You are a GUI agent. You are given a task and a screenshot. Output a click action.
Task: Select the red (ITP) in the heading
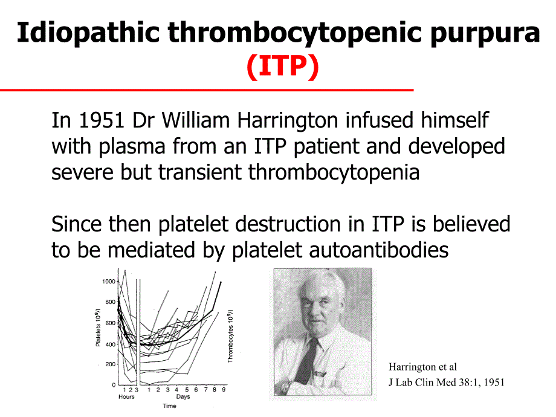pyautogui.click(x=282, y=68)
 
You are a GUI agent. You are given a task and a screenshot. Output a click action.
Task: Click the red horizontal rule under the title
pyautogui.click(x=206, y=90)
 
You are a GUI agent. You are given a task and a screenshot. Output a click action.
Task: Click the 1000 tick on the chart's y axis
pyautogui.click(x=108, y=282)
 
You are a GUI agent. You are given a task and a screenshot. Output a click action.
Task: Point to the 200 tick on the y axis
pyautogui.click(x=110, y=364)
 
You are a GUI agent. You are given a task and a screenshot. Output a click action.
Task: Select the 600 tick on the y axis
pyautogui.click(x=110, y=323)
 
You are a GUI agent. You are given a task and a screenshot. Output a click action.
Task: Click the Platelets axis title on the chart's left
pyautogui.click(x=98, y=327)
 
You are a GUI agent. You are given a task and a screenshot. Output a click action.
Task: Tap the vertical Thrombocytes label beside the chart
pyautogui.click(x=230, y=336)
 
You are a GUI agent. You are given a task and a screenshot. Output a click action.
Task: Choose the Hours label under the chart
pyautogui.click(x=127, y=397)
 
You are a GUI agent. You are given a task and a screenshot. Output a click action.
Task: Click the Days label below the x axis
pyautogui.click(x=183, y=397)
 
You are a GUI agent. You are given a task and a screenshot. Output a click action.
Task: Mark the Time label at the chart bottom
pyautogui.click(x=169, y=406)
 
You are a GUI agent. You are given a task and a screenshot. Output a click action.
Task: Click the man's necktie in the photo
pyautogui.click(x=309, y=360)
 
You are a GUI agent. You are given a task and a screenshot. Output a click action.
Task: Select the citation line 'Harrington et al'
pyautogui.click(x=422, y=367)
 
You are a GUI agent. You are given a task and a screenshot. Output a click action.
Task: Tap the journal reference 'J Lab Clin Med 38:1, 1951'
pyautogui.click(x=446, y=382)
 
